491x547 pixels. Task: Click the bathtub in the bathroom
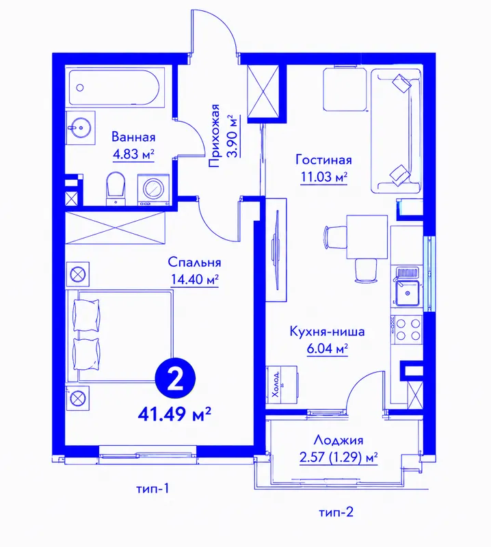pos(114,88)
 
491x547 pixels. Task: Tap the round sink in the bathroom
pos(81,128)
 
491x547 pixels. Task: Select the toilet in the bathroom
pos(116,187)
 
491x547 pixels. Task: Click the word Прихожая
pos(215,135)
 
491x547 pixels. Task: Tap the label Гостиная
pos(323,160)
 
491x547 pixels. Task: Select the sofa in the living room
pos(396,131)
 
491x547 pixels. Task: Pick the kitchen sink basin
pos(407,293)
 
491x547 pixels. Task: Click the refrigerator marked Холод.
pos(282,385)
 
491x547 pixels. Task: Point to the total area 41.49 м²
pos(174,414)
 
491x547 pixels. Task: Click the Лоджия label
pos(338,440)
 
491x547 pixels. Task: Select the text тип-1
pos(152,489)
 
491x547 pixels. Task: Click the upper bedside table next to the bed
pos(77,274)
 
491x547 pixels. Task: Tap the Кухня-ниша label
pos(327,331)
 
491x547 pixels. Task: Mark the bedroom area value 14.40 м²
pos(195,279)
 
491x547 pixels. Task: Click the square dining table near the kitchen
pos(367,237)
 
